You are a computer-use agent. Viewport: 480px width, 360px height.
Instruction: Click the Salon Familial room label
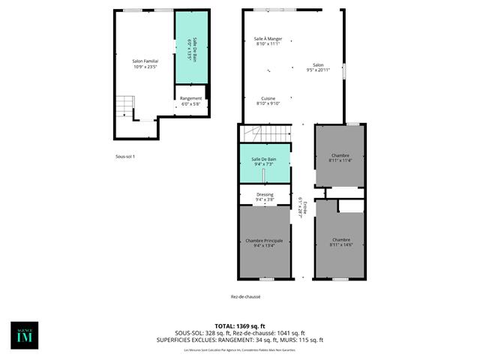click(145, 64)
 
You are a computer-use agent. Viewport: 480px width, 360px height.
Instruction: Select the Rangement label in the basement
click(190, 101)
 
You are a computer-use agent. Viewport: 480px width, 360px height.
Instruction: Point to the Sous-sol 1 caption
click(124, 156)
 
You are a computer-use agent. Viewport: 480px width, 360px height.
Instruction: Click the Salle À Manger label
click(267, 40)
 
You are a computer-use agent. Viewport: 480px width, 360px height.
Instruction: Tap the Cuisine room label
click(268, 100)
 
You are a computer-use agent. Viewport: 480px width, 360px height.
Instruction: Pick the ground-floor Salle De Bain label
click(264, 161)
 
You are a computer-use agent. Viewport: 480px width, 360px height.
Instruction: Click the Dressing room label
click(264, 197)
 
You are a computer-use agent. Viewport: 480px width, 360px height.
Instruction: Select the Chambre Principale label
click(264, 242)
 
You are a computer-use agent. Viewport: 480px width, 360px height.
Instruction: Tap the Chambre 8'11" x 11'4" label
click(340, 158)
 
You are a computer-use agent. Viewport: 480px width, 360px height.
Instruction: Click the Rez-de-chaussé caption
click(246, 297)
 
